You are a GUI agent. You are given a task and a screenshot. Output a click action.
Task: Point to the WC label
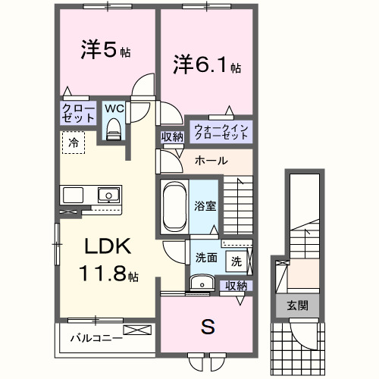(x=114, y=108)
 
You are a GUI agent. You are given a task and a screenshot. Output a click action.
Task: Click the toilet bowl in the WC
(x=114, y=130)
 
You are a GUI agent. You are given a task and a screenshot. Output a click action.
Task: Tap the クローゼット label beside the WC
(x=77, y=114)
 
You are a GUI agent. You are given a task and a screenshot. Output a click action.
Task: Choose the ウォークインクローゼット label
(x=221, y=131)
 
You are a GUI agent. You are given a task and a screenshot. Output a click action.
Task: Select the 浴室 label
(x=204, y=205)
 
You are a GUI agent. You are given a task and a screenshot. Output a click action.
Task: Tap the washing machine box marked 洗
(x=236, y=262)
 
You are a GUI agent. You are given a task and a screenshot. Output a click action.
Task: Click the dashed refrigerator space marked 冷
(x=74, y=142)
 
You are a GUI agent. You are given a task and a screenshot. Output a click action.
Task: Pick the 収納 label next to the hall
(x=171, y=136)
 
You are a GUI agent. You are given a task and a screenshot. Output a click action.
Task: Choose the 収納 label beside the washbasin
(x=236, y=285)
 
